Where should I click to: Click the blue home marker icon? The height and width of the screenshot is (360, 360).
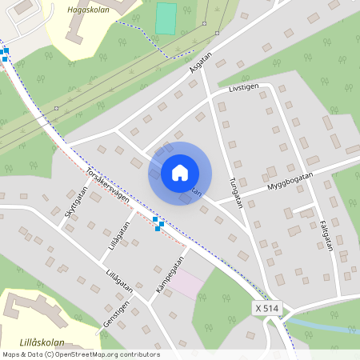[x=180, y=173]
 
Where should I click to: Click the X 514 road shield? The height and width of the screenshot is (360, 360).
[x=268, y=308]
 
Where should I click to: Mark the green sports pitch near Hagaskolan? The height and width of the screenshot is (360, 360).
[x=166, y=18]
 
